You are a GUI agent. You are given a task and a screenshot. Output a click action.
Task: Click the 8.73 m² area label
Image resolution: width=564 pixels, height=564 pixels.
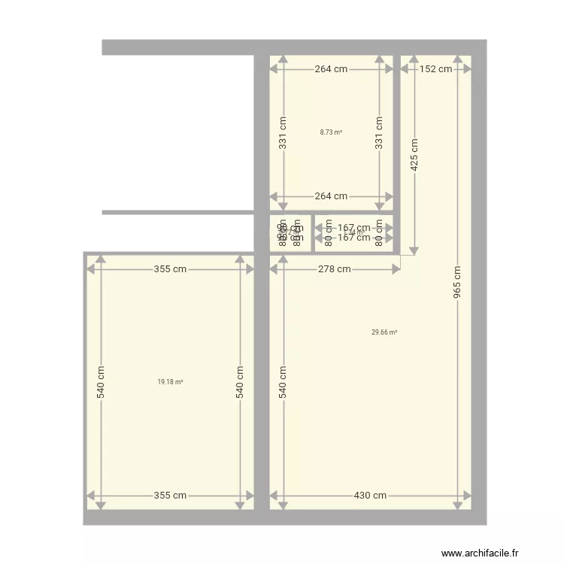tap(331, 132)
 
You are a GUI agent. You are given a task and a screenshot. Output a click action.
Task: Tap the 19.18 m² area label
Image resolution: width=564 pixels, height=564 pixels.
tap(170, 382)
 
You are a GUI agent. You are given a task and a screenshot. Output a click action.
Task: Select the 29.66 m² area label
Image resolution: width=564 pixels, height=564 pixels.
tap(384, 332)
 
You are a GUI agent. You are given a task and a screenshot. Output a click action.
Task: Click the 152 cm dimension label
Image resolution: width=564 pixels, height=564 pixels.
tap(436, 69)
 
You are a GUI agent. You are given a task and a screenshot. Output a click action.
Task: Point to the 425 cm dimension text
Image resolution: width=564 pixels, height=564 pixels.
tap(414, 156)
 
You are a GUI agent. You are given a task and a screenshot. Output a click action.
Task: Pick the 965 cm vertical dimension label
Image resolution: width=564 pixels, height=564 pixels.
tap(457, 283)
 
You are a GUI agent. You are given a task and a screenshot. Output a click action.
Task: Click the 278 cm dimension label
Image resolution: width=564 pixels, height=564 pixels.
tap(334, 269)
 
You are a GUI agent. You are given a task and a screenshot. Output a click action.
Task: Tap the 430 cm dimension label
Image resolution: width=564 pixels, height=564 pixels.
tap(370, 496)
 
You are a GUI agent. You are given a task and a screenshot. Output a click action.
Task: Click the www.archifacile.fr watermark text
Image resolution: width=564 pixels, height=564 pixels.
tap(480, 553)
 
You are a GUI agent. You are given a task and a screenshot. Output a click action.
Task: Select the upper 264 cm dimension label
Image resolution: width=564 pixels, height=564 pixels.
tap(331, 69)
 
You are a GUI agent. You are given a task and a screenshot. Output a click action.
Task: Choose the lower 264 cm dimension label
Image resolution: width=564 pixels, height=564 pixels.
tap(331, 196)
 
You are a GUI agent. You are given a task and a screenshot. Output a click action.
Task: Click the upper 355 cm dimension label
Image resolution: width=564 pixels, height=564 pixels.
tap(170, 269)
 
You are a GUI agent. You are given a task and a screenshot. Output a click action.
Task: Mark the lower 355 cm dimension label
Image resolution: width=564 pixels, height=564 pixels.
tap(170, 496)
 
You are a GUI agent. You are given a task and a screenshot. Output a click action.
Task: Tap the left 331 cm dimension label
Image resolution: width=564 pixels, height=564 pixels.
tap(283, 132)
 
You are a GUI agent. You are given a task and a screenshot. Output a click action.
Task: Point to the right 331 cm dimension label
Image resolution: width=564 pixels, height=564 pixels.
tap(380, 132)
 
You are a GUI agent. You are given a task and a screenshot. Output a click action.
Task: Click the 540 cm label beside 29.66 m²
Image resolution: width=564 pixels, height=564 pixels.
tap(283, 382)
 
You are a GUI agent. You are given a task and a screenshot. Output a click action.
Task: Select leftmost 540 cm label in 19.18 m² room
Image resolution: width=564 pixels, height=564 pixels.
tap(100, 382)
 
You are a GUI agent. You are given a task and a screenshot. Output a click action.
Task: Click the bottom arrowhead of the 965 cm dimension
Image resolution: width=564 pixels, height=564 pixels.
tap(457, 505)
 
